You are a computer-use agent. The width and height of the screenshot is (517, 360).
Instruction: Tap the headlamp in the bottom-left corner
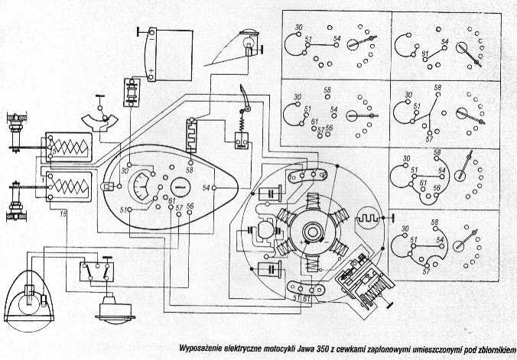pos(32,296)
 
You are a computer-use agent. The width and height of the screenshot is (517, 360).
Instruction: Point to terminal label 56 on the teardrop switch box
pos(190,207)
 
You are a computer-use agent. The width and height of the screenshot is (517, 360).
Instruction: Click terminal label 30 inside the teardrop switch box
pos(124,170)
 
